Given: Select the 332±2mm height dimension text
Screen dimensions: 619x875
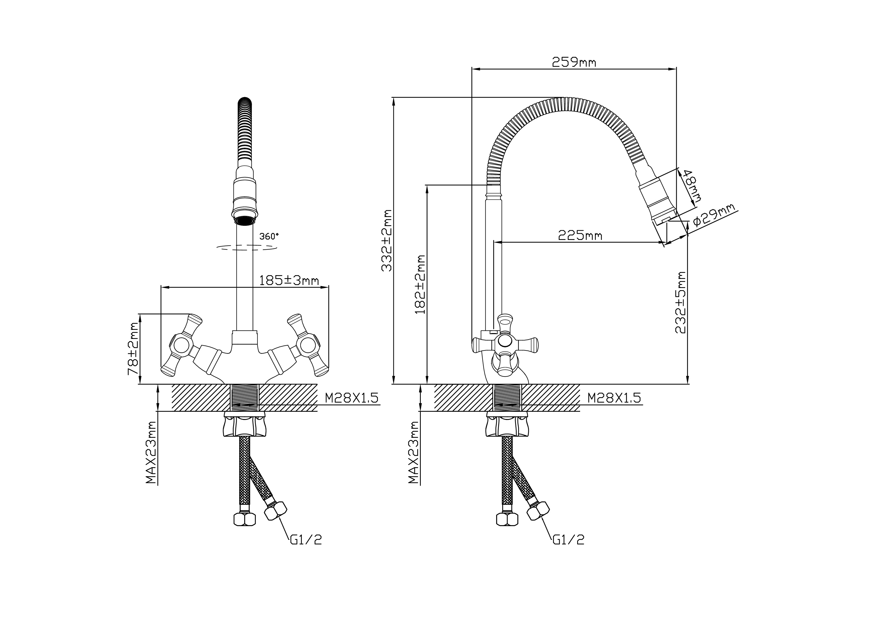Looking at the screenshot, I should pos(387,240).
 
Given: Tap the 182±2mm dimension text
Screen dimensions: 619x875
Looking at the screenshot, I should pos(420,284).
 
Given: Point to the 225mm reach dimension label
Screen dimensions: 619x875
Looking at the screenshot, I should pos(580,235).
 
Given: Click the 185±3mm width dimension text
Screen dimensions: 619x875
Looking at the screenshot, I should pos(289,280).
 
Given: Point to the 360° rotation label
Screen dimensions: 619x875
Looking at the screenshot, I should pos(269,236).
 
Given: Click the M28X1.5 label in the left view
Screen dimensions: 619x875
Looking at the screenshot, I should pos(351,398).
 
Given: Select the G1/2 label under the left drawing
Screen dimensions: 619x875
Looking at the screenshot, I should pos(306,539).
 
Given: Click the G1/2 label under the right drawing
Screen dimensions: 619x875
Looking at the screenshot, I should pos(569,539).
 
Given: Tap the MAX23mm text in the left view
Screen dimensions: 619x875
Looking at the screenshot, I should pos(152,453).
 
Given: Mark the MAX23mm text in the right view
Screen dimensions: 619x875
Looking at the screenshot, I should pos(414,453).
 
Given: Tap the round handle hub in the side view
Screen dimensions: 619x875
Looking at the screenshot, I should pos(505,341).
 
